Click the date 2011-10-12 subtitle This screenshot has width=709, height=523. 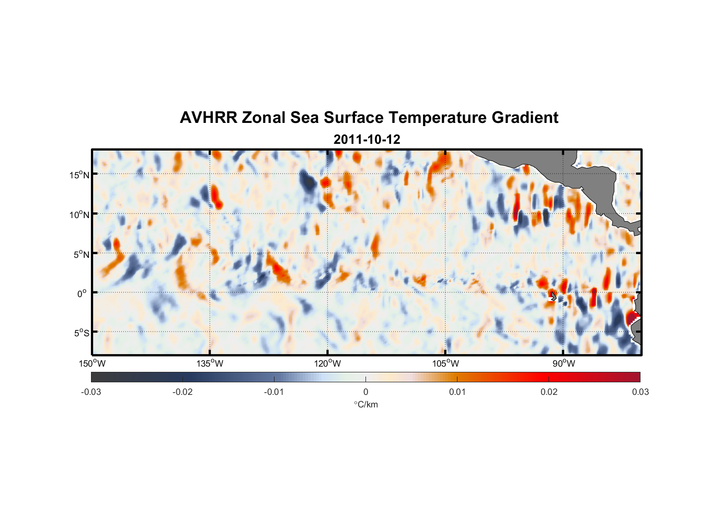367,140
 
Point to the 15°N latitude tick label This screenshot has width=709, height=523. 79,175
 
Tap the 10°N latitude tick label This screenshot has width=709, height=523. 79,214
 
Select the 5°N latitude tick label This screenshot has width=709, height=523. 81,254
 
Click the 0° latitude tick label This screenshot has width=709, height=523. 82,293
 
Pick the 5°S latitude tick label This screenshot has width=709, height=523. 81,333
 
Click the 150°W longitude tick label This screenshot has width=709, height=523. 93,363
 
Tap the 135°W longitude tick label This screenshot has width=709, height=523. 210,363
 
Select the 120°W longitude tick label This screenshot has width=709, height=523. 328,363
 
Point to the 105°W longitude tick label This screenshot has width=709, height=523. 445,363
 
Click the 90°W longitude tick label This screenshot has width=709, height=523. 564,363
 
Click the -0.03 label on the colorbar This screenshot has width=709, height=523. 91,392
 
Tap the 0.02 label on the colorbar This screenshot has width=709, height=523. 549,392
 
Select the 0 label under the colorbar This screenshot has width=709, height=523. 365,392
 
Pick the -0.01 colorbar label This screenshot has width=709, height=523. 274,392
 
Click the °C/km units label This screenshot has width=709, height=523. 365,404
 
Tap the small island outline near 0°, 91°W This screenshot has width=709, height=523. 553,297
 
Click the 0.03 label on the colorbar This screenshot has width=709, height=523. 640,392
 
